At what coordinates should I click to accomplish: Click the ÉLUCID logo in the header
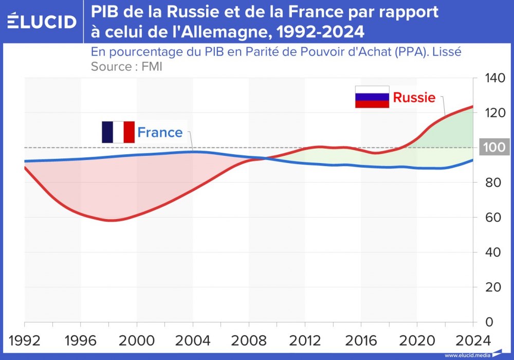coord(42,22)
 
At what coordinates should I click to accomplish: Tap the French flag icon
coord(118,132)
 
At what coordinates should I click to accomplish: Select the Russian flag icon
coord(372,97)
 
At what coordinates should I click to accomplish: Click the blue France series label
coord(160,133)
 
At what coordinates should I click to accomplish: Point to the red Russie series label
coord(414,98)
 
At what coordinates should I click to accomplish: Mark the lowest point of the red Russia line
coord(112,221)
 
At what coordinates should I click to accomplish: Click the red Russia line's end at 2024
coord(472,106)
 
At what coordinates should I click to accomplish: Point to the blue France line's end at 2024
coord(472,160)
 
